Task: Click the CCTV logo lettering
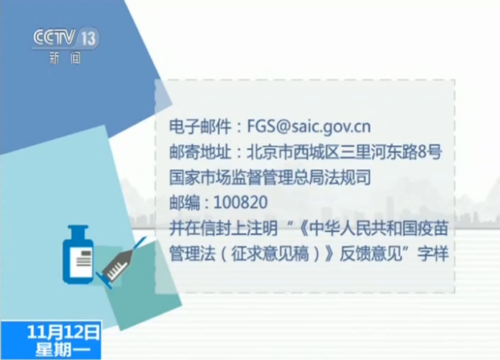(54, 38)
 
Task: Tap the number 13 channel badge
(88, 38)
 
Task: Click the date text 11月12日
(63, 332)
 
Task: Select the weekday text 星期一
(63, 350)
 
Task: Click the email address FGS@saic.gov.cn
(308, 126)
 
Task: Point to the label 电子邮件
(200, 126)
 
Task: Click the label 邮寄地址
(200, 152)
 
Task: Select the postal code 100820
(240, 202)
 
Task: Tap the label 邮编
(184, 202)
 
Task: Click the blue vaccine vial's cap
(78, 232)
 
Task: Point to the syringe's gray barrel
(118, 266)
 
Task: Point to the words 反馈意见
(371, 254)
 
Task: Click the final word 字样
(433, 254)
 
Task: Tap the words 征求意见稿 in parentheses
(270, 254)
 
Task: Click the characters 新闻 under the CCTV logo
(65, 58)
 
